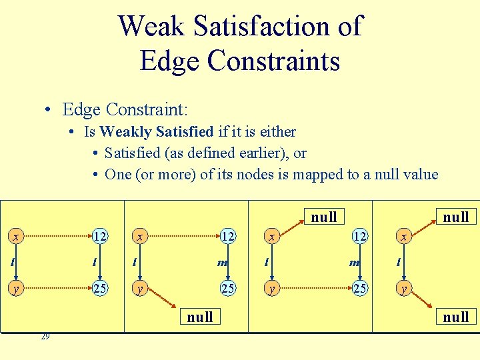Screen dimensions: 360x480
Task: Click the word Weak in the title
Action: click(153, 27)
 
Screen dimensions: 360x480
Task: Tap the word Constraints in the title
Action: click(273, 61)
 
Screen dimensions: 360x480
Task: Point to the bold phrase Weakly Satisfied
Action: click(157, 131)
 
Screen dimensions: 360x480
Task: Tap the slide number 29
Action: click(45, 337)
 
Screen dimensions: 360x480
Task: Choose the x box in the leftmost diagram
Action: click(14, 237)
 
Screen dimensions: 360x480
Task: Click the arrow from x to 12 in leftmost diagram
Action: click(57, 237)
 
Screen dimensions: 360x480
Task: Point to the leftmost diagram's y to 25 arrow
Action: click(57, 289)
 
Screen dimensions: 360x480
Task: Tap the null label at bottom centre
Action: click(200, 317)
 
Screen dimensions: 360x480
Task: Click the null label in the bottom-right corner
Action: click(456, 317)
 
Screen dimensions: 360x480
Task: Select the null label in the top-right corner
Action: click(456, 217)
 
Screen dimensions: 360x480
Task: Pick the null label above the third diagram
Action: click(324, 217)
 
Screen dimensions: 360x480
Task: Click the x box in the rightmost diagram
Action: click(402, 237)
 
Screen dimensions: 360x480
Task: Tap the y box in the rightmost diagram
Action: click(402, 289)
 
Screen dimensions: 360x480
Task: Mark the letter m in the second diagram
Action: click(222, 263)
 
